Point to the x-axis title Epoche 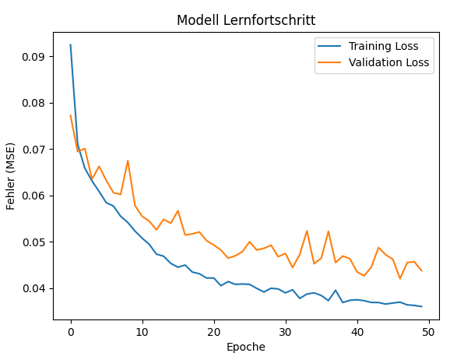[x=246, y=347]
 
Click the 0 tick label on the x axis [x=71, y=330]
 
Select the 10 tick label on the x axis [x=142, y=330]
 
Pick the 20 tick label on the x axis [x=214, y=330]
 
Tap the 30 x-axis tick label [x=286, y=330]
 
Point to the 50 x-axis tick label [x=429, y=330]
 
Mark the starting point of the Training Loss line [x=71, y=44]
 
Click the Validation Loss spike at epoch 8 [x=128, y=161]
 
